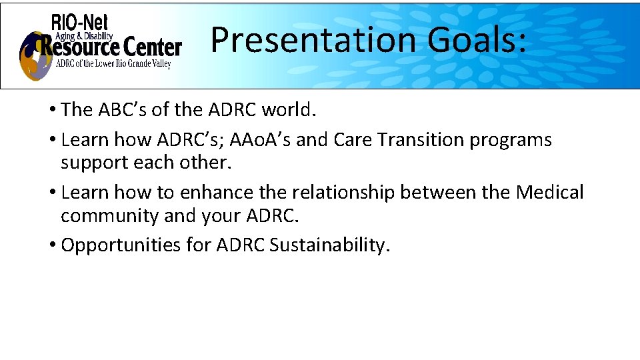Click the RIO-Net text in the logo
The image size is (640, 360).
[79, 23]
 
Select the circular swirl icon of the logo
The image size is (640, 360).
[35, 56]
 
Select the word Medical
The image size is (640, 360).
[549, 193]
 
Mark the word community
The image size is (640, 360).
[109, 216]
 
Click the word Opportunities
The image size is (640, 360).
[121, 245]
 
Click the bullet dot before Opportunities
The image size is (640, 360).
[53, 245]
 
